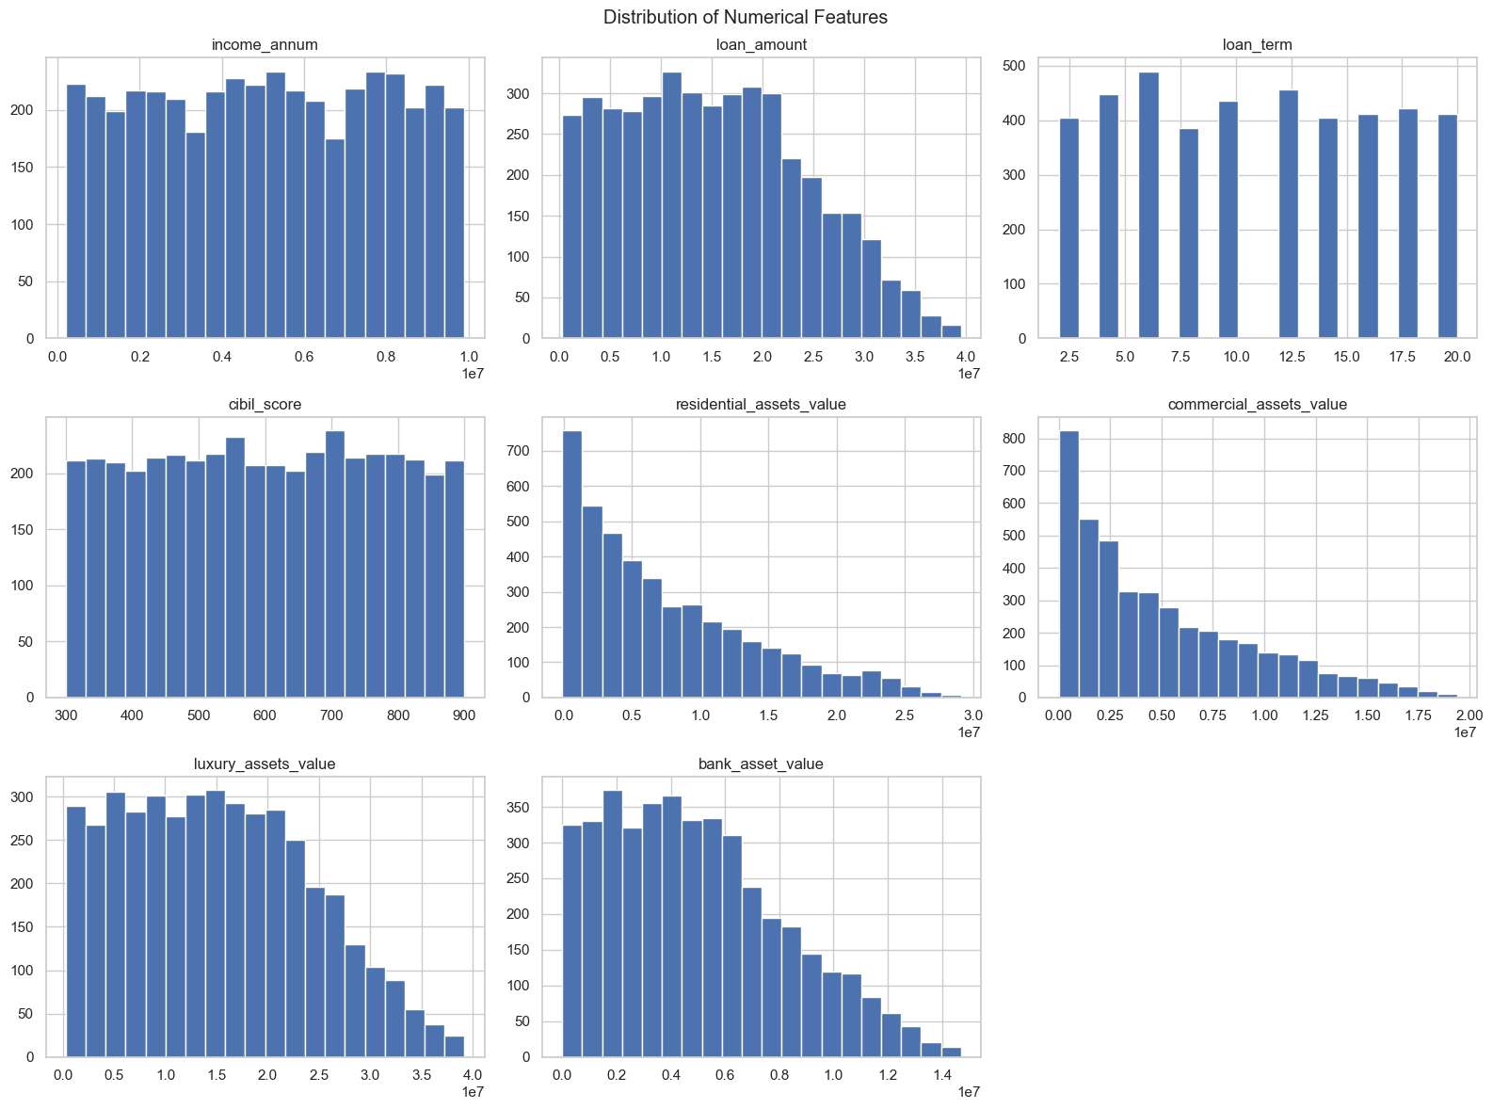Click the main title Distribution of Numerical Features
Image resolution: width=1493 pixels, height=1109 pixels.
point(746,17)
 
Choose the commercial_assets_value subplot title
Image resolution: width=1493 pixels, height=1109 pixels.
point(1257,405)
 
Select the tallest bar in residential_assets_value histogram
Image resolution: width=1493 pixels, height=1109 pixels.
point(572,565)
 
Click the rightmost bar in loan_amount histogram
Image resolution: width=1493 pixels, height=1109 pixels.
point(952,332)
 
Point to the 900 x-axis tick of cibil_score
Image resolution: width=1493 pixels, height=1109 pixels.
point(465,715)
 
